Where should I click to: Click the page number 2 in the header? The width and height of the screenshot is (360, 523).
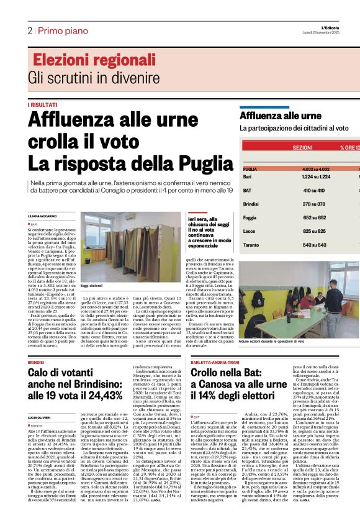30,30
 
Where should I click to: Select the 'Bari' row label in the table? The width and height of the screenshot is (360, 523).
248,177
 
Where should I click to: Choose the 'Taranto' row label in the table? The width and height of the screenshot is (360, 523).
251,245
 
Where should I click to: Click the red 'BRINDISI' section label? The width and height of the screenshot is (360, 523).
36,360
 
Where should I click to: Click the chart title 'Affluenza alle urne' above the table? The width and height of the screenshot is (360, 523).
272,116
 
